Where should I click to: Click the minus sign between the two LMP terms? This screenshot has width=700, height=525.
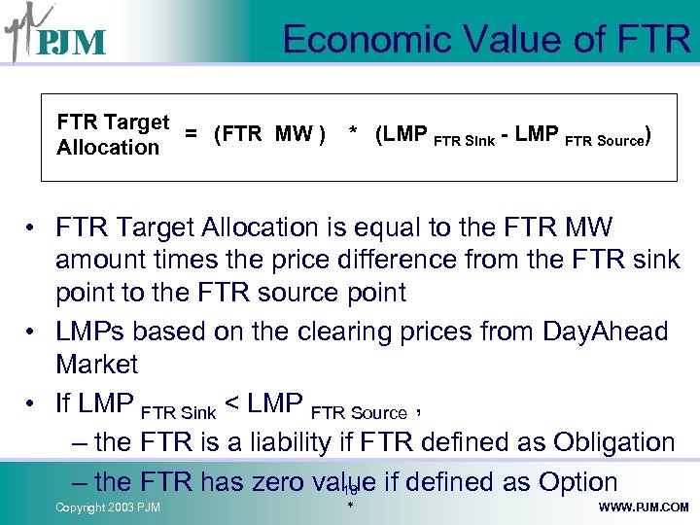505,135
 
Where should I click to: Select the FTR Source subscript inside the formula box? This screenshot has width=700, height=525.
605,140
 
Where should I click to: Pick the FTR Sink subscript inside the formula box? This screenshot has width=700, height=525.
463,140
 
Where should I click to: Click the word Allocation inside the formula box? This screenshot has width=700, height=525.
108,148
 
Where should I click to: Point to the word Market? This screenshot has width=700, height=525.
97,365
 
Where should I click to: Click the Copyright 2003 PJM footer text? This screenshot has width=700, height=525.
108,507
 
